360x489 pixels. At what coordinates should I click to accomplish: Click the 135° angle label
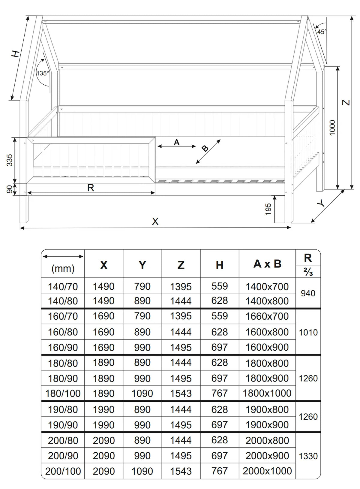[x=43, y=73]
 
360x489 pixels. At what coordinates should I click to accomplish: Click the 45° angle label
[x=322, y=32]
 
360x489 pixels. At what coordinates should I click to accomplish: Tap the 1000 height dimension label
[x=332, y=128]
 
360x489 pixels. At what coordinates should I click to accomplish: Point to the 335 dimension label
[x=10, y=160]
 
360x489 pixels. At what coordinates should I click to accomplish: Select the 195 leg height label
[x=268, y=209]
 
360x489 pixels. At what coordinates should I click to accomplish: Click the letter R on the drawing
[x=91, y=188]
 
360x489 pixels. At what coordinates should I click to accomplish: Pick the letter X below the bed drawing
[x=155, y=222]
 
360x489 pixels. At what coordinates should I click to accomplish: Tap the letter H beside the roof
[x=16, y=54]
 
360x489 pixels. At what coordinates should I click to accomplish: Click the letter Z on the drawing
[x=346, y=102]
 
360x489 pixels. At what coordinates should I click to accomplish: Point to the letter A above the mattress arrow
[x=177, y=142]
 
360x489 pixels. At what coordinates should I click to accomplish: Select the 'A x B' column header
[x=267, y=264]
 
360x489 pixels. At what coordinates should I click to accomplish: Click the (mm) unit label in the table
[x=63, y=268]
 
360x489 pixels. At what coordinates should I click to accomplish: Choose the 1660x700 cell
[x=267, y=316]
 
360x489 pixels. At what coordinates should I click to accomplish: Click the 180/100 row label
[x=63, y=393]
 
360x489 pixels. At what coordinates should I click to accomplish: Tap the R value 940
[x=308, y=293]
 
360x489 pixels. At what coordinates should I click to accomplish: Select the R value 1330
[x=308, y=456]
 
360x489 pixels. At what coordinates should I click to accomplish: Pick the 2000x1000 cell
[x=267, y=471]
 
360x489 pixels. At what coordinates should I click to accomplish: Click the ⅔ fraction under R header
[x=308, y=272]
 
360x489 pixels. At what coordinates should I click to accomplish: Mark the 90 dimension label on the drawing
[x=10, y=189]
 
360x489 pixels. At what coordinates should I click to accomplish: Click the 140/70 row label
[x=63, y=287]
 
